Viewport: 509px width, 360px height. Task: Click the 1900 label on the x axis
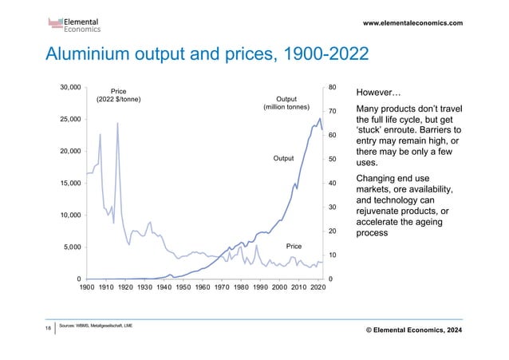(x=87, y=288)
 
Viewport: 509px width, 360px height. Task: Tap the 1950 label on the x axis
(x=183, y=288)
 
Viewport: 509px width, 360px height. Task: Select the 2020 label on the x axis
(x=317, y=288)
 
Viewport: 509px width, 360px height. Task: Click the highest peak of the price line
(x=117, y=123)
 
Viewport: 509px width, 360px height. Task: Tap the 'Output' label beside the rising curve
(x=284, y=159)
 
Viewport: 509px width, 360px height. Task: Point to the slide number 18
(x=49, y=328)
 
